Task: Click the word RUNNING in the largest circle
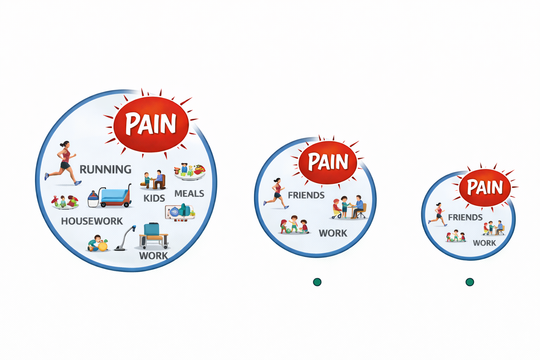[105, 169]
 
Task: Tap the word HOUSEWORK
[92, 221]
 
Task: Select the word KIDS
[154, 198]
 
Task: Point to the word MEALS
[189, 194]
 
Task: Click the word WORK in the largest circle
[154, 256]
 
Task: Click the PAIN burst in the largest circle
[151, 124]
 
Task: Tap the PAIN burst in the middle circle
[328, 162]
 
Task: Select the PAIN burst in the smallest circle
[485, 187]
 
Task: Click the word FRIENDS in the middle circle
[306, 195]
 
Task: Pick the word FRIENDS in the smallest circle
[465, 218]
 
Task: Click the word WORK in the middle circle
[333, 233]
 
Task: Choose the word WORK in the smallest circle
[484, 243]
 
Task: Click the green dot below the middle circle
[317, 282]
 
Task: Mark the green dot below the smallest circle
[470, 282]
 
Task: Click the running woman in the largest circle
[63, 163]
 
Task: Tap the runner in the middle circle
[276, 193]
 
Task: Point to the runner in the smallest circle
[437, 214]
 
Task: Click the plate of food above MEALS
[190, 172]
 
